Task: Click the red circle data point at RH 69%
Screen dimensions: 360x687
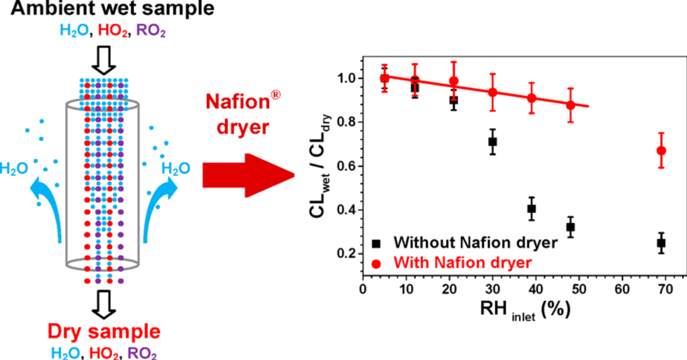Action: [661, 151]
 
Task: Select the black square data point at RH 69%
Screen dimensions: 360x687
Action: [661, 243]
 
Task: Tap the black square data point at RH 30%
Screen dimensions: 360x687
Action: [493, 142]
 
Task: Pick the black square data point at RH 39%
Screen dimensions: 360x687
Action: [531, 209]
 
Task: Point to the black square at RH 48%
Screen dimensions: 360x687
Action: [570, 227]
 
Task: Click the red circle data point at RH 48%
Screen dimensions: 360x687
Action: [570, 105]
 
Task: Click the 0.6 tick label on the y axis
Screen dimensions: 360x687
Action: [347, 166]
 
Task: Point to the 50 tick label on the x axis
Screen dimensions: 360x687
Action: [579, 289]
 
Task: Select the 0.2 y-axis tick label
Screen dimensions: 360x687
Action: [347, 253]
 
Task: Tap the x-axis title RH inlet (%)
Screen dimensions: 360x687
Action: [525, 310]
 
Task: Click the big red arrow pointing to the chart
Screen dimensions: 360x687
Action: [248, 175]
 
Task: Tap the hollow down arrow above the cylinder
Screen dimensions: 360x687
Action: [104, 60]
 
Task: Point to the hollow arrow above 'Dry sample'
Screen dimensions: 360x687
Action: [104, 304]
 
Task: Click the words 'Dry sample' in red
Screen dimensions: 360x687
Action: [104, 331]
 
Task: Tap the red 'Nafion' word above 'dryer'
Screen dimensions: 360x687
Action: [238, 102]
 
